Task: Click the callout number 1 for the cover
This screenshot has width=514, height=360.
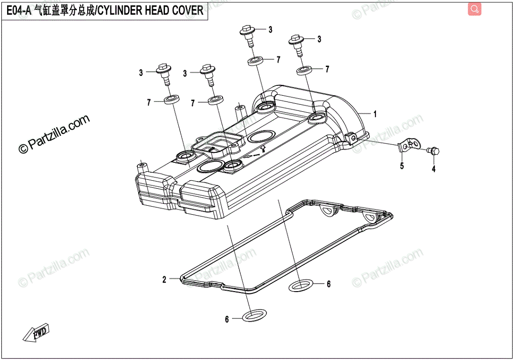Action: coord(375,114)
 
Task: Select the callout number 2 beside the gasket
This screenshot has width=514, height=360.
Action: coord(164,280)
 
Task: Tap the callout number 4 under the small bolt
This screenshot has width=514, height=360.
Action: coord(433,169)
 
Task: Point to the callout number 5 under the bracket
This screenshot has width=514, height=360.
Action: coord(402,166)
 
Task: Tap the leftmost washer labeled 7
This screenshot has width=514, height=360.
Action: coord(172,100)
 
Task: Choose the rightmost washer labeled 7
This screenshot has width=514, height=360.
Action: coord(305,71)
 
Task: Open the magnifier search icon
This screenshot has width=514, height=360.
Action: coord(475,8)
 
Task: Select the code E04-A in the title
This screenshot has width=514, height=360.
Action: coord(19,10)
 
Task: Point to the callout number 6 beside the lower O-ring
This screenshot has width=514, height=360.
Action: coord(227,319)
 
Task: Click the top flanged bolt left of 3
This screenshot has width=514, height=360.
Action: coord(249,34)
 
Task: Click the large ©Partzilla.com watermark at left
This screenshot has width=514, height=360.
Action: coord(53,134)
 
